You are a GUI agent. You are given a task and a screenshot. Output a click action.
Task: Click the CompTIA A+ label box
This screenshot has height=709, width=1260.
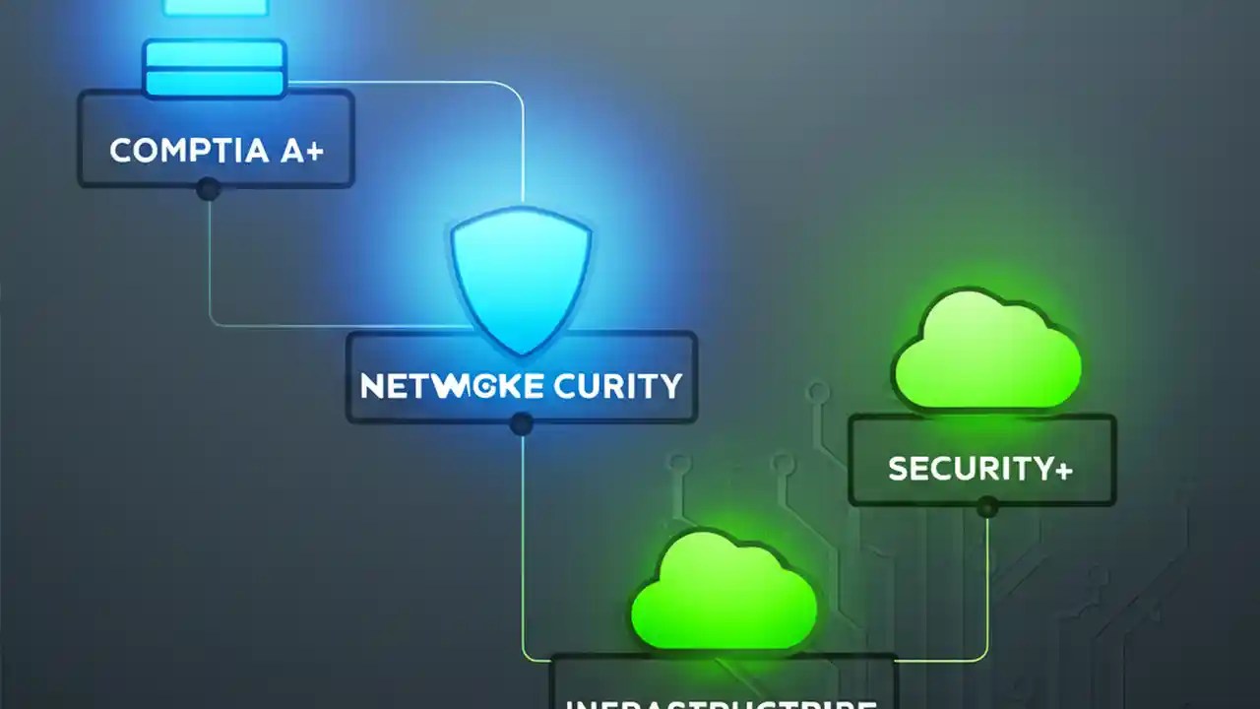216,139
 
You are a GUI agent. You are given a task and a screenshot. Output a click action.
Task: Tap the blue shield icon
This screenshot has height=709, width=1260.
521,281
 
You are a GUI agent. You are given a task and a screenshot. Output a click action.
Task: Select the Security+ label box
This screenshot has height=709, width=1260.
981,460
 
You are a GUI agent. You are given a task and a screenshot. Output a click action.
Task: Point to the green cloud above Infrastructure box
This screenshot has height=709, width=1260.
724,592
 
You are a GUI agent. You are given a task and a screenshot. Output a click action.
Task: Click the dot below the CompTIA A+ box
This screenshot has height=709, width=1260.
208,188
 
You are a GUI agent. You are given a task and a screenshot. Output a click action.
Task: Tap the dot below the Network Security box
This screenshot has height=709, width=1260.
522,424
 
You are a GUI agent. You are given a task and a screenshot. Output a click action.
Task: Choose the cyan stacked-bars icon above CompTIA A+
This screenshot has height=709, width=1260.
215,69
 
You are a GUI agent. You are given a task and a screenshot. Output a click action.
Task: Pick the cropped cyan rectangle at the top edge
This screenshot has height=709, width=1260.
215,7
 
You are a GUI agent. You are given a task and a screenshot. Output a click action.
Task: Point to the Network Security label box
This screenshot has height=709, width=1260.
521,378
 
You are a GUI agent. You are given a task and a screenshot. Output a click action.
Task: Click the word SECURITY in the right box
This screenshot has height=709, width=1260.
969,469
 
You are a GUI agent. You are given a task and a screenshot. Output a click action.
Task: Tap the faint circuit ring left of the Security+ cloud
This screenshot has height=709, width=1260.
818,393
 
